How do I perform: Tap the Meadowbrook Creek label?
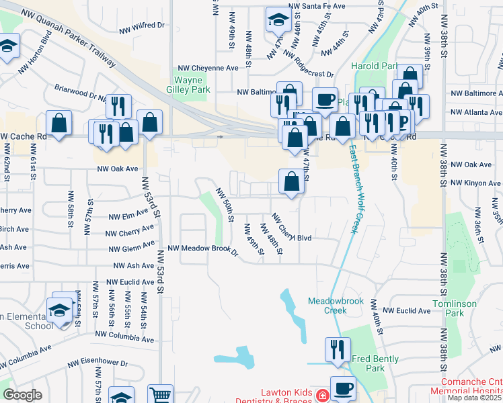click(x=336, y=306)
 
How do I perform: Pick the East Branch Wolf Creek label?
click(x=352, y=191)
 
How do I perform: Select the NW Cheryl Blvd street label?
click(x=292, y=228)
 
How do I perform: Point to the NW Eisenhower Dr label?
click(x=98, y=363)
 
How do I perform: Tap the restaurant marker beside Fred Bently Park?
click(x=337, y=349)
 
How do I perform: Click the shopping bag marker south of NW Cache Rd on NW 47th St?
click(x=291, y=181)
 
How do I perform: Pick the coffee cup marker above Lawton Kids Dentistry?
click(x=343, y=388)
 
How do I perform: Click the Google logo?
click(x=22, y=395)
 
